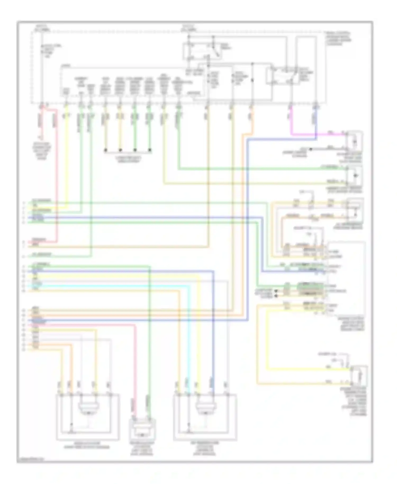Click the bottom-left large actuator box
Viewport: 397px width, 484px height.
coord(88,417)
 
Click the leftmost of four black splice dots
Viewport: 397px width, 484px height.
coord(106,150)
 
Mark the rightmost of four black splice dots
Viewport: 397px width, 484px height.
coord(150,150)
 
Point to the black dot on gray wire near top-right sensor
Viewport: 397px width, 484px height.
coord(311,149)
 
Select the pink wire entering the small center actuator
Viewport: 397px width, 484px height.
coord(135,371)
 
